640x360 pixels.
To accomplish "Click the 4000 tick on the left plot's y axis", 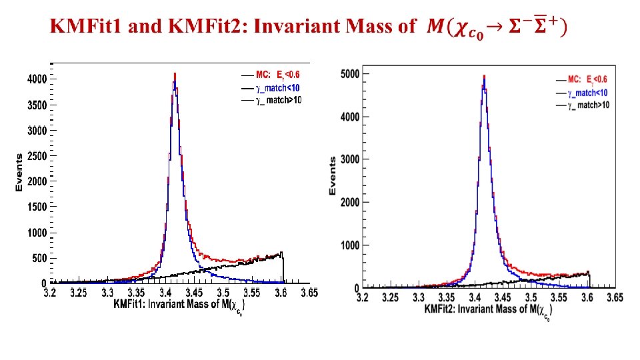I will [x=37, y=79].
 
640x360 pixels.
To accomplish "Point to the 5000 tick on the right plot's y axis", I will [x=351, y=73].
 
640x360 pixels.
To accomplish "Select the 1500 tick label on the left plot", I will [x=37, y=207].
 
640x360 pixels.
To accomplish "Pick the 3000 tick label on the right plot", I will [x=351, y=159].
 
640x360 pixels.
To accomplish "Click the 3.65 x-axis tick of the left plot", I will [x=309, y=292].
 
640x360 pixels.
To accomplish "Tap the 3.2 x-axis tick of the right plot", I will [x=362, y=297].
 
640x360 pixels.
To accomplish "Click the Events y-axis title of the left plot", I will [x=19, y=173].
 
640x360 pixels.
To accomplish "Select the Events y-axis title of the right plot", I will [x=333, y=176].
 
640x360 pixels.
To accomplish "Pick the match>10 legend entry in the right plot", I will [x=587, y=105].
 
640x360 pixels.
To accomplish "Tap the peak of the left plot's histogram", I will [x=175, y=74].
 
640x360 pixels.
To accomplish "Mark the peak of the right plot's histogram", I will [x=484, y=76].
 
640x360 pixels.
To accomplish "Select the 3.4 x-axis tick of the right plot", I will [x=475, y=297].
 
